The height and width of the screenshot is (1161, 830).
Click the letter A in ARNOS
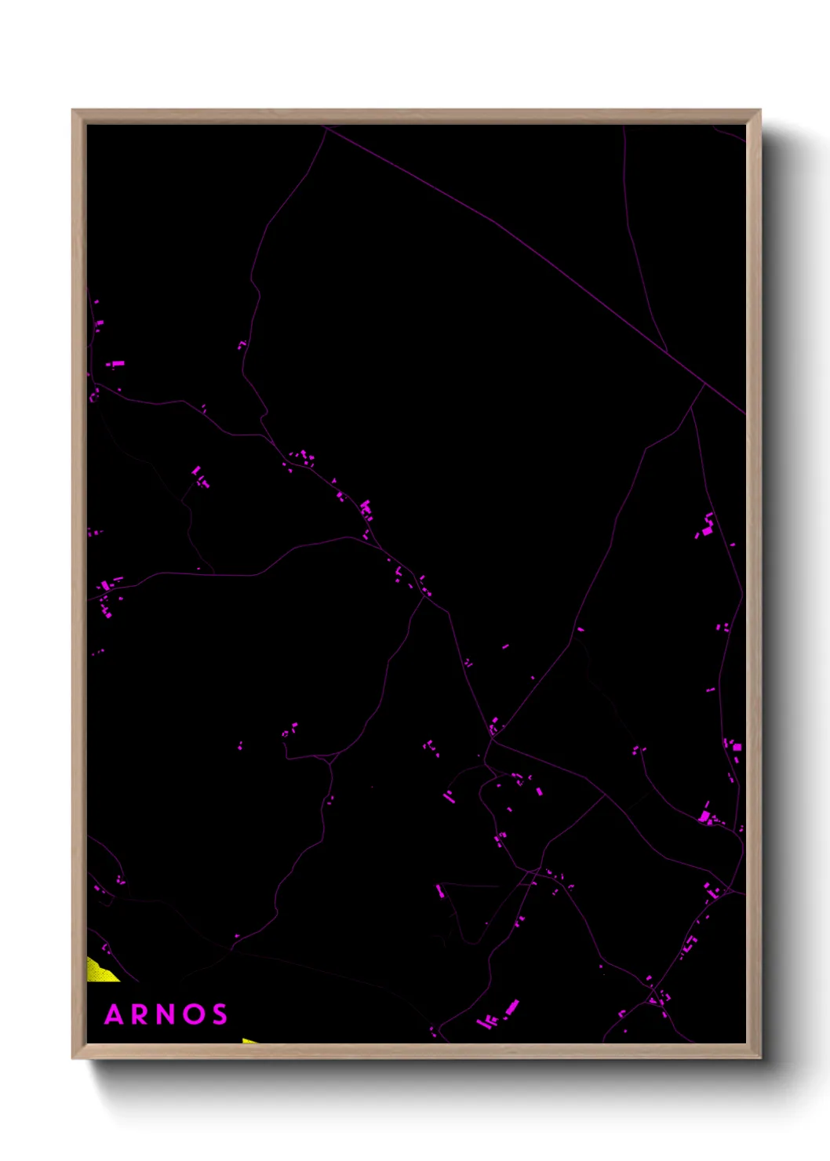click(x=115, y=1014)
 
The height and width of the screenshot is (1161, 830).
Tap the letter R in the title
click(x=141, y=1014)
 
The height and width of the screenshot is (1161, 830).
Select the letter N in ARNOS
click(x=167, y=1014)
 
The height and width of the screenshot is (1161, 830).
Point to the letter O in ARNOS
click(x=194, y=1014)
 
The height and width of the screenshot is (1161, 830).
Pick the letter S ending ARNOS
click(x=220, y=1014)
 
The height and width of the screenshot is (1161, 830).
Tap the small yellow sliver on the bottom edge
click(x=250, y=1041)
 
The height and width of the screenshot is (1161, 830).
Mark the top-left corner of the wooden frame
click(x=73, y=111)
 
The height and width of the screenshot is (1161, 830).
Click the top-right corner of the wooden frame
click(x=760, y=111)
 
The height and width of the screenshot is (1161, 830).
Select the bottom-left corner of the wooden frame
click(x=73, y=1057)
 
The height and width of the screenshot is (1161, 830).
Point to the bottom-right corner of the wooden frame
click(x=760, y=1057)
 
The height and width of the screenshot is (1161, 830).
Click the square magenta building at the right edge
click(x=737, y=747)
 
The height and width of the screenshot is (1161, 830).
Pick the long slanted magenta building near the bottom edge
click(x=511, y=1007)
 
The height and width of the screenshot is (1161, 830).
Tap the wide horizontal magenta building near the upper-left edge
click(x=115, y=364)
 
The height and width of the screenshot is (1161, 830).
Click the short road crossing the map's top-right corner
click(x=730, y=133)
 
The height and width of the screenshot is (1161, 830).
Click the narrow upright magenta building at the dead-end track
click(x=439, y=891)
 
